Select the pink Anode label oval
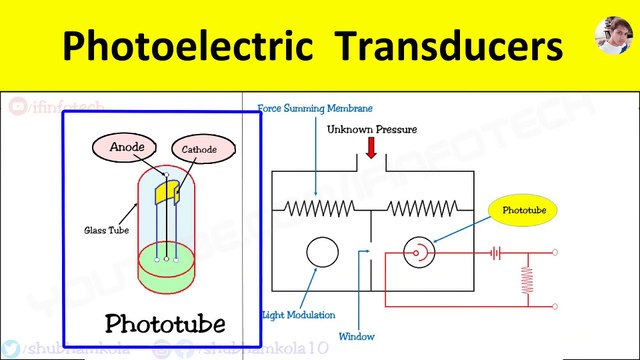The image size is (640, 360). coord(127,148)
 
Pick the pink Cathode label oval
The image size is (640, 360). coord(199,150)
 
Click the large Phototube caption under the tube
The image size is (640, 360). coord(165,322)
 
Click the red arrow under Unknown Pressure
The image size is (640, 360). coord(371,148)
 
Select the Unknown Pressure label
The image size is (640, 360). coord(371,129)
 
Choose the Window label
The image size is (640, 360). coord(357,336)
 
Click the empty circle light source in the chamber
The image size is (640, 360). coord(322,253)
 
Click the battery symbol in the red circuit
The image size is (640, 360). coord(495,254)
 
